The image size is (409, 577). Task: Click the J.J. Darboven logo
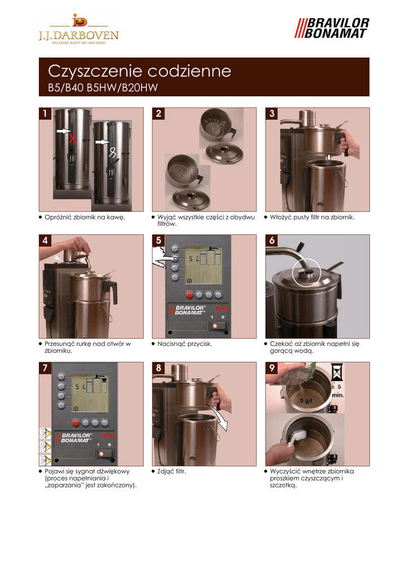pos(79,29)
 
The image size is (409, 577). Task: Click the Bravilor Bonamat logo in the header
pos(331,28)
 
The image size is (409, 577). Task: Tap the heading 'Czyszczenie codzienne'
pos(139,71)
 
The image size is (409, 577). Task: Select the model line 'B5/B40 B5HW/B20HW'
pos(103,88)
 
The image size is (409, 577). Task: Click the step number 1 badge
pos(45,113)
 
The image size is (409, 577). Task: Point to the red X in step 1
pos(73,139)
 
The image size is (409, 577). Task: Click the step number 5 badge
pos(159,240)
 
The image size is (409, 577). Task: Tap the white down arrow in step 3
pos(329,158)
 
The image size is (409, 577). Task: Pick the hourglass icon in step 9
pos(337,372)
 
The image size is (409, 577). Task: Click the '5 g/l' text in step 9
pos(306,401)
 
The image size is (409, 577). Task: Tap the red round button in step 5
pos(190,295)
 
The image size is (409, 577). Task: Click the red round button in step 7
pos(76,423)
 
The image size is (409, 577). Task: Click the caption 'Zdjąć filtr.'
pos(171,472)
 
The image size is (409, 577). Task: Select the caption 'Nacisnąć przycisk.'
pos(184,344)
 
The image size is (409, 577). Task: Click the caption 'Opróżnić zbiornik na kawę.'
pos(85,217)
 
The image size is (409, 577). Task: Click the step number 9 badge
pos(271,368)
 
